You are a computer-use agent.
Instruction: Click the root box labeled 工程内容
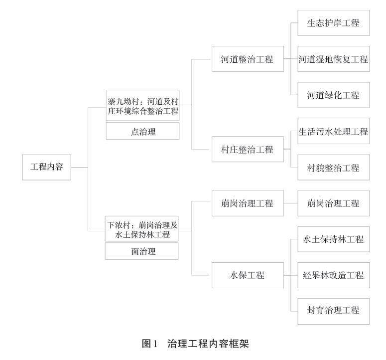[x=47, y=167]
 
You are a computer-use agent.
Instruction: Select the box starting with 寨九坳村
[x=142, y=106]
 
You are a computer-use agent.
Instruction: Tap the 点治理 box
[x=142, y=131]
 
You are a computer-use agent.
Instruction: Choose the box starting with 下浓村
[x=142, y=229]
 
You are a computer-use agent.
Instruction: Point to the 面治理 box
[x=142, y=251]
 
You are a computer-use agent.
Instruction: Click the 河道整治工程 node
[x=248, y=59]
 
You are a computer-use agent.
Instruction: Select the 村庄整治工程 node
[x=248, y=149]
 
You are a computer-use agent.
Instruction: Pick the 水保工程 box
[x=248, y=275]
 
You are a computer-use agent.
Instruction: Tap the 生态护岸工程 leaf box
[x=333, y=23]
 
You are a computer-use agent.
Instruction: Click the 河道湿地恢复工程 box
[x=333, y=59]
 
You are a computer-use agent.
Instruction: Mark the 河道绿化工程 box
[x=333, y=95]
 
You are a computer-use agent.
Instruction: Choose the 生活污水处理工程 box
[x=333, y=132]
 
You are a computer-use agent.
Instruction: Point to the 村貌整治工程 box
[x=333, y=168]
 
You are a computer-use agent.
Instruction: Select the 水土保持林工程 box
[x=333, y=239]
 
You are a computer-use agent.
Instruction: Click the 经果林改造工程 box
[x=333, y=275]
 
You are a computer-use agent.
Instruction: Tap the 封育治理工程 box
[x=333, y=310]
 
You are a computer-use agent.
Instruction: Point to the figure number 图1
[x=149, y=344]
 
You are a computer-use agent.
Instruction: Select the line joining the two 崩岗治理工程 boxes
[x=290, y=203]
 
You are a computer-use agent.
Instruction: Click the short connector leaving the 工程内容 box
[x=79, y=167]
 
